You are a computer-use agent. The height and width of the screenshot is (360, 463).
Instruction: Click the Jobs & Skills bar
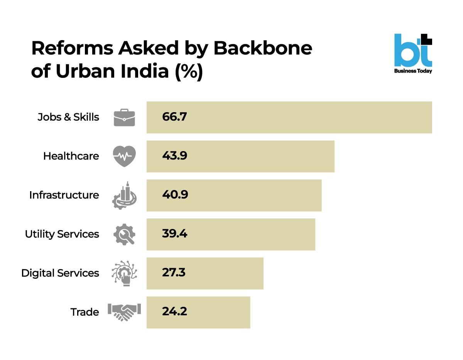289,117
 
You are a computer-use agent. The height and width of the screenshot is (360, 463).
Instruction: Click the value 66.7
174,117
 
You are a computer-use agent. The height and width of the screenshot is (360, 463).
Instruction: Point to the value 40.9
175,195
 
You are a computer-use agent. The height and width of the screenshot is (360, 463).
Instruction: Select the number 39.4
174,234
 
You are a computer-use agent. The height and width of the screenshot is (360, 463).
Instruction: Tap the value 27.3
174,273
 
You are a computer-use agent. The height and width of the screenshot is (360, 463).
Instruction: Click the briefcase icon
124,117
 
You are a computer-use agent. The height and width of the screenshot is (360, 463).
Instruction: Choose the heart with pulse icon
124,156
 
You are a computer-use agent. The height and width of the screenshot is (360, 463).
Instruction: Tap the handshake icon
124,312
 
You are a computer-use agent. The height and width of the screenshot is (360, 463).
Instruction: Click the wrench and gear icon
124,234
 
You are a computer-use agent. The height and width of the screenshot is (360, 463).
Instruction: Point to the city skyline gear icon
124,195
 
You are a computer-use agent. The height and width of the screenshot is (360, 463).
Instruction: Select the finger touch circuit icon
124,273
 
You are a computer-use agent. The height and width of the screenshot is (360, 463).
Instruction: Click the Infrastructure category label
64,195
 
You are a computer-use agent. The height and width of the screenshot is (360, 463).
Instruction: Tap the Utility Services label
62,234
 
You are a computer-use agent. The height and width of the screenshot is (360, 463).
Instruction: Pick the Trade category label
85,312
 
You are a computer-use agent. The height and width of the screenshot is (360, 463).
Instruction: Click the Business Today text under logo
413,71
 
